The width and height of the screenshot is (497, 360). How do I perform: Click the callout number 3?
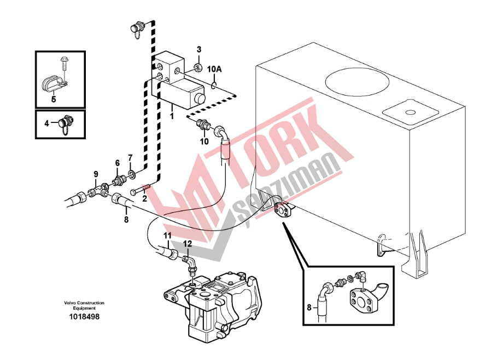[198, 49]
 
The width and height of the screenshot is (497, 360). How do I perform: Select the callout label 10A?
[214, 69]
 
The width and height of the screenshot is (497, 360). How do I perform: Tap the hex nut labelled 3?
[197, 67]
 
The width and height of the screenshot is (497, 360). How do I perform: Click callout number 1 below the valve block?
[172, 116]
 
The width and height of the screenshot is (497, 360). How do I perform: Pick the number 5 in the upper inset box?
[54, 99]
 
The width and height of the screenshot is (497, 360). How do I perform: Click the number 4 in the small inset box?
[46, 123]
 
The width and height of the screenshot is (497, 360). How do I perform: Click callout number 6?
[118, 163]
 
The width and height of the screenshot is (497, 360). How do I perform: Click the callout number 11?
[167, 235]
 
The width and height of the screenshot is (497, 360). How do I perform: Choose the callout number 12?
[188, 244]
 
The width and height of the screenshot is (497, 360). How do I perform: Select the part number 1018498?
[84, 317]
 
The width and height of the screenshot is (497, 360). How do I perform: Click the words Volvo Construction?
[84, 303]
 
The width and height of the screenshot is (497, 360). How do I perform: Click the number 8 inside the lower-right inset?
[309, 307]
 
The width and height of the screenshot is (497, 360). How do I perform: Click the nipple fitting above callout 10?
[202, 124]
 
